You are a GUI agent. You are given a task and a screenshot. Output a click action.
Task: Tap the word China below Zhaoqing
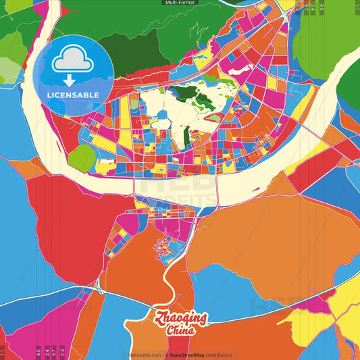(181, 331)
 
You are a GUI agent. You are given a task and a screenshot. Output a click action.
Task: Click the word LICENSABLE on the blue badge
(72, 95)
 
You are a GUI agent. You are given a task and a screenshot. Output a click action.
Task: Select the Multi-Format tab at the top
(180, 3)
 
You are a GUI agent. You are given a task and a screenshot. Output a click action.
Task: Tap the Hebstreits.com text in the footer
(145, 355)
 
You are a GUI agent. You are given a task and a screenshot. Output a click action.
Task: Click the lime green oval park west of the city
(82, 158)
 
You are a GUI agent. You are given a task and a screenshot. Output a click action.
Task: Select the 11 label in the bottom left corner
(3, 352)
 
